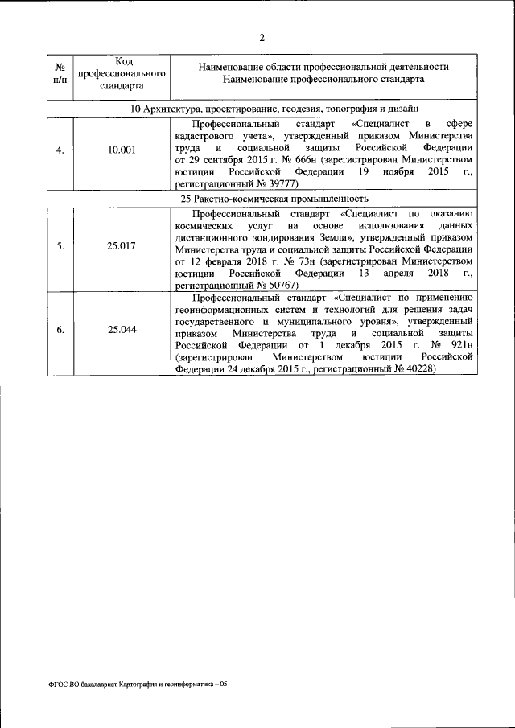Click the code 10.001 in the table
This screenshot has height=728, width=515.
tap(122, 150)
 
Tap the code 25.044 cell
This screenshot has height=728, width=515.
tap(122, 329)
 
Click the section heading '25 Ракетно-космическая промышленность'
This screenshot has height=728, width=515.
tap(274, 198)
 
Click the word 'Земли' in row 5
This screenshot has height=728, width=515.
tap(332, 239)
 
